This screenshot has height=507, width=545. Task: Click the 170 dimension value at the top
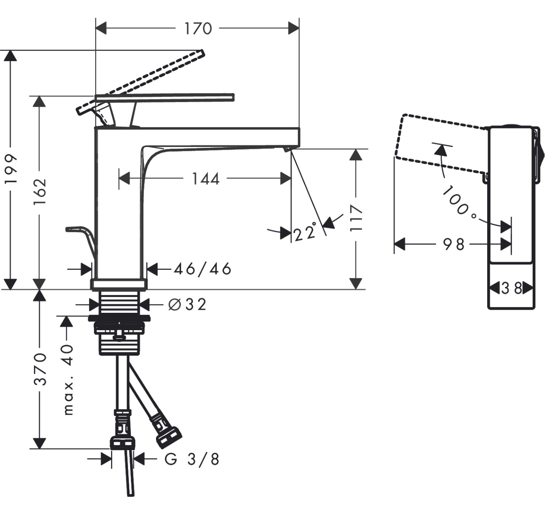click(198, 28)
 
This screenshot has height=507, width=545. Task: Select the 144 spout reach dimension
click(205, 179)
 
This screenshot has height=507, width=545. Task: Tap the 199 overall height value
click(11, 169)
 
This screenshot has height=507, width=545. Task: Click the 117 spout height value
click(356, 218)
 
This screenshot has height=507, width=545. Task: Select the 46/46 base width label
click(202, 269)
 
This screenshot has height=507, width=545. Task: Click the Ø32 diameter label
click(187, 304)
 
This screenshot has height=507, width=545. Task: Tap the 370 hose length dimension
click(40, 368)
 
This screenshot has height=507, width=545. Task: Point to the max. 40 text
click(68, 380)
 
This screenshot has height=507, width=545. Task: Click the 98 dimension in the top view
click(454, 244)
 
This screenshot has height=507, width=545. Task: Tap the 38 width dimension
click(511, 289)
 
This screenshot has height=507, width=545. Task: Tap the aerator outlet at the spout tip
click(287, 148)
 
